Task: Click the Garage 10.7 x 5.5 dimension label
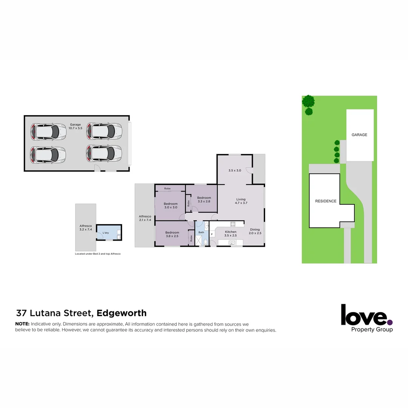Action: pyautogui.click(x=76, y=127)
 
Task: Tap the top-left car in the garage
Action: pyautogui.click(x=48, y=131)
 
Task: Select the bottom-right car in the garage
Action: pyautogui.click(x=104, y=153)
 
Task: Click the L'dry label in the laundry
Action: pyautogui.click(x=105, y=233)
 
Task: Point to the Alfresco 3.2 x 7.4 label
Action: pyautogui.click(x=86, y=227)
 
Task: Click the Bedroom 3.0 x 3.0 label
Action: pyautogui.click(x=170, y=206)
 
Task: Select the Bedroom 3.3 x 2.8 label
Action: pyautogui.click(x=204, y=199)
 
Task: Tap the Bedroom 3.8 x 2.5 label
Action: pyautogui.click(x=172, y=234)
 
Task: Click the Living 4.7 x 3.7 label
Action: pyautogui.click(x=241, y=201)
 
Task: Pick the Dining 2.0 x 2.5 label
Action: pyautogui.click(x=255, y=231)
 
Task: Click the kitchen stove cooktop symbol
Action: pyautogui.click(x=233, y=224)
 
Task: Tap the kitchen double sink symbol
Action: pyautogui.click(x=232, y=242)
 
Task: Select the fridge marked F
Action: pyautogui.click(x=212, y=234)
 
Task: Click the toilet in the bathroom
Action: pyautogui.click(x=206, y=242)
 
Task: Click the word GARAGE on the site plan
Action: pyautogui.click(x=359, y=135)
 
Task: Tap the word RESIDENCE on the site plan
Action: pyautogui.click(x=326, y=201)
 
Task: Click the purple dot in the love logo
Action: pyautogui.click(x=390, y=322)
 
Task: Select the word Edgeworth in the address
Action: pyautogui.click(x=122, y=313)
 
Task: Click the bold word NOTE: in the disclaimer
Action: pyautogui.click(x=22, y=324)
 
